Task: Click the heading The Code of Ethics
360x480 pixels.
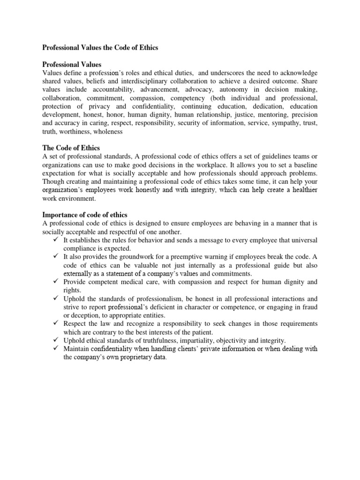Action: coord(71,148)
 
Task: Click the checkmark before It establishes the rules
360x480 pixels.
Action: coord(55,240)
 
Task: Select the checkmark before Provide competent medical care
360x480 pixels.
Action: coord(55,282)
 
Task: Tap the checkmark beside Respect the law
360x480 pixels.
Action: coord(55,324)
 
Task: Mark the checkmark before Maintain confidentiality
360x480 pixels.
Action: coord(55,349)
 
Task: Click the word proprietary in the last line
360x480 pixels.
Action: coord(129,358)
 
